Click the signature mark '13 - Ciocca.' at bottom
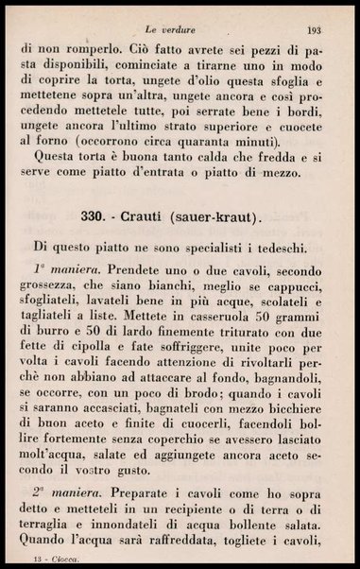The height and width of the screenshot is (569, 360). pos(48,561)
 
